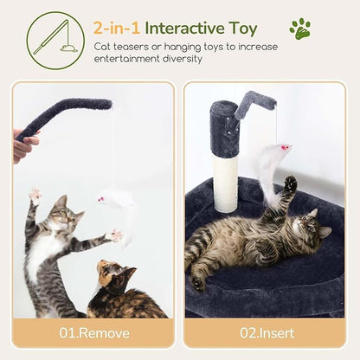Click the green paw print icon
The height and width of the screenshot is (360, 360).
click(300, 29)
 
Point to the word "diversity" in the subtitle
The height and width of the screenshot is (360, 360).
click(180, 59)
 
